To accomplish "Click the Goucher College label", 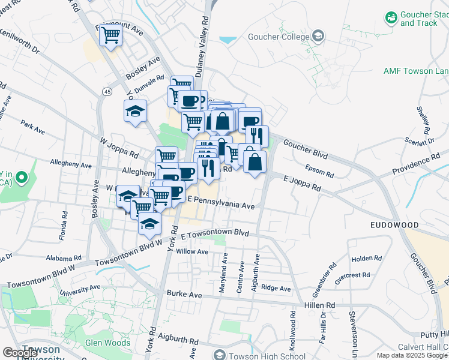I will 277,37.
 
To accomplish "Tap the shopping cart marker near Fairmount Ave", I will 111,36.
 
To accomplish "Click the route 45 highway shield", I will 106,91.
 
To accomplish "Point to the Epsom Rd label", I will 319,170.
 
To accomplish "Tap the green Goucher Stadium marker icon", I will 392,17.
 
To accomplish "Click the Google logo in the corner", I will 20,353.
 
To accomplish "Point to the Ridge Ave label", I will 276,288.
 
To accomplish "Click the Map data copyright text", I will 412,355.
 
